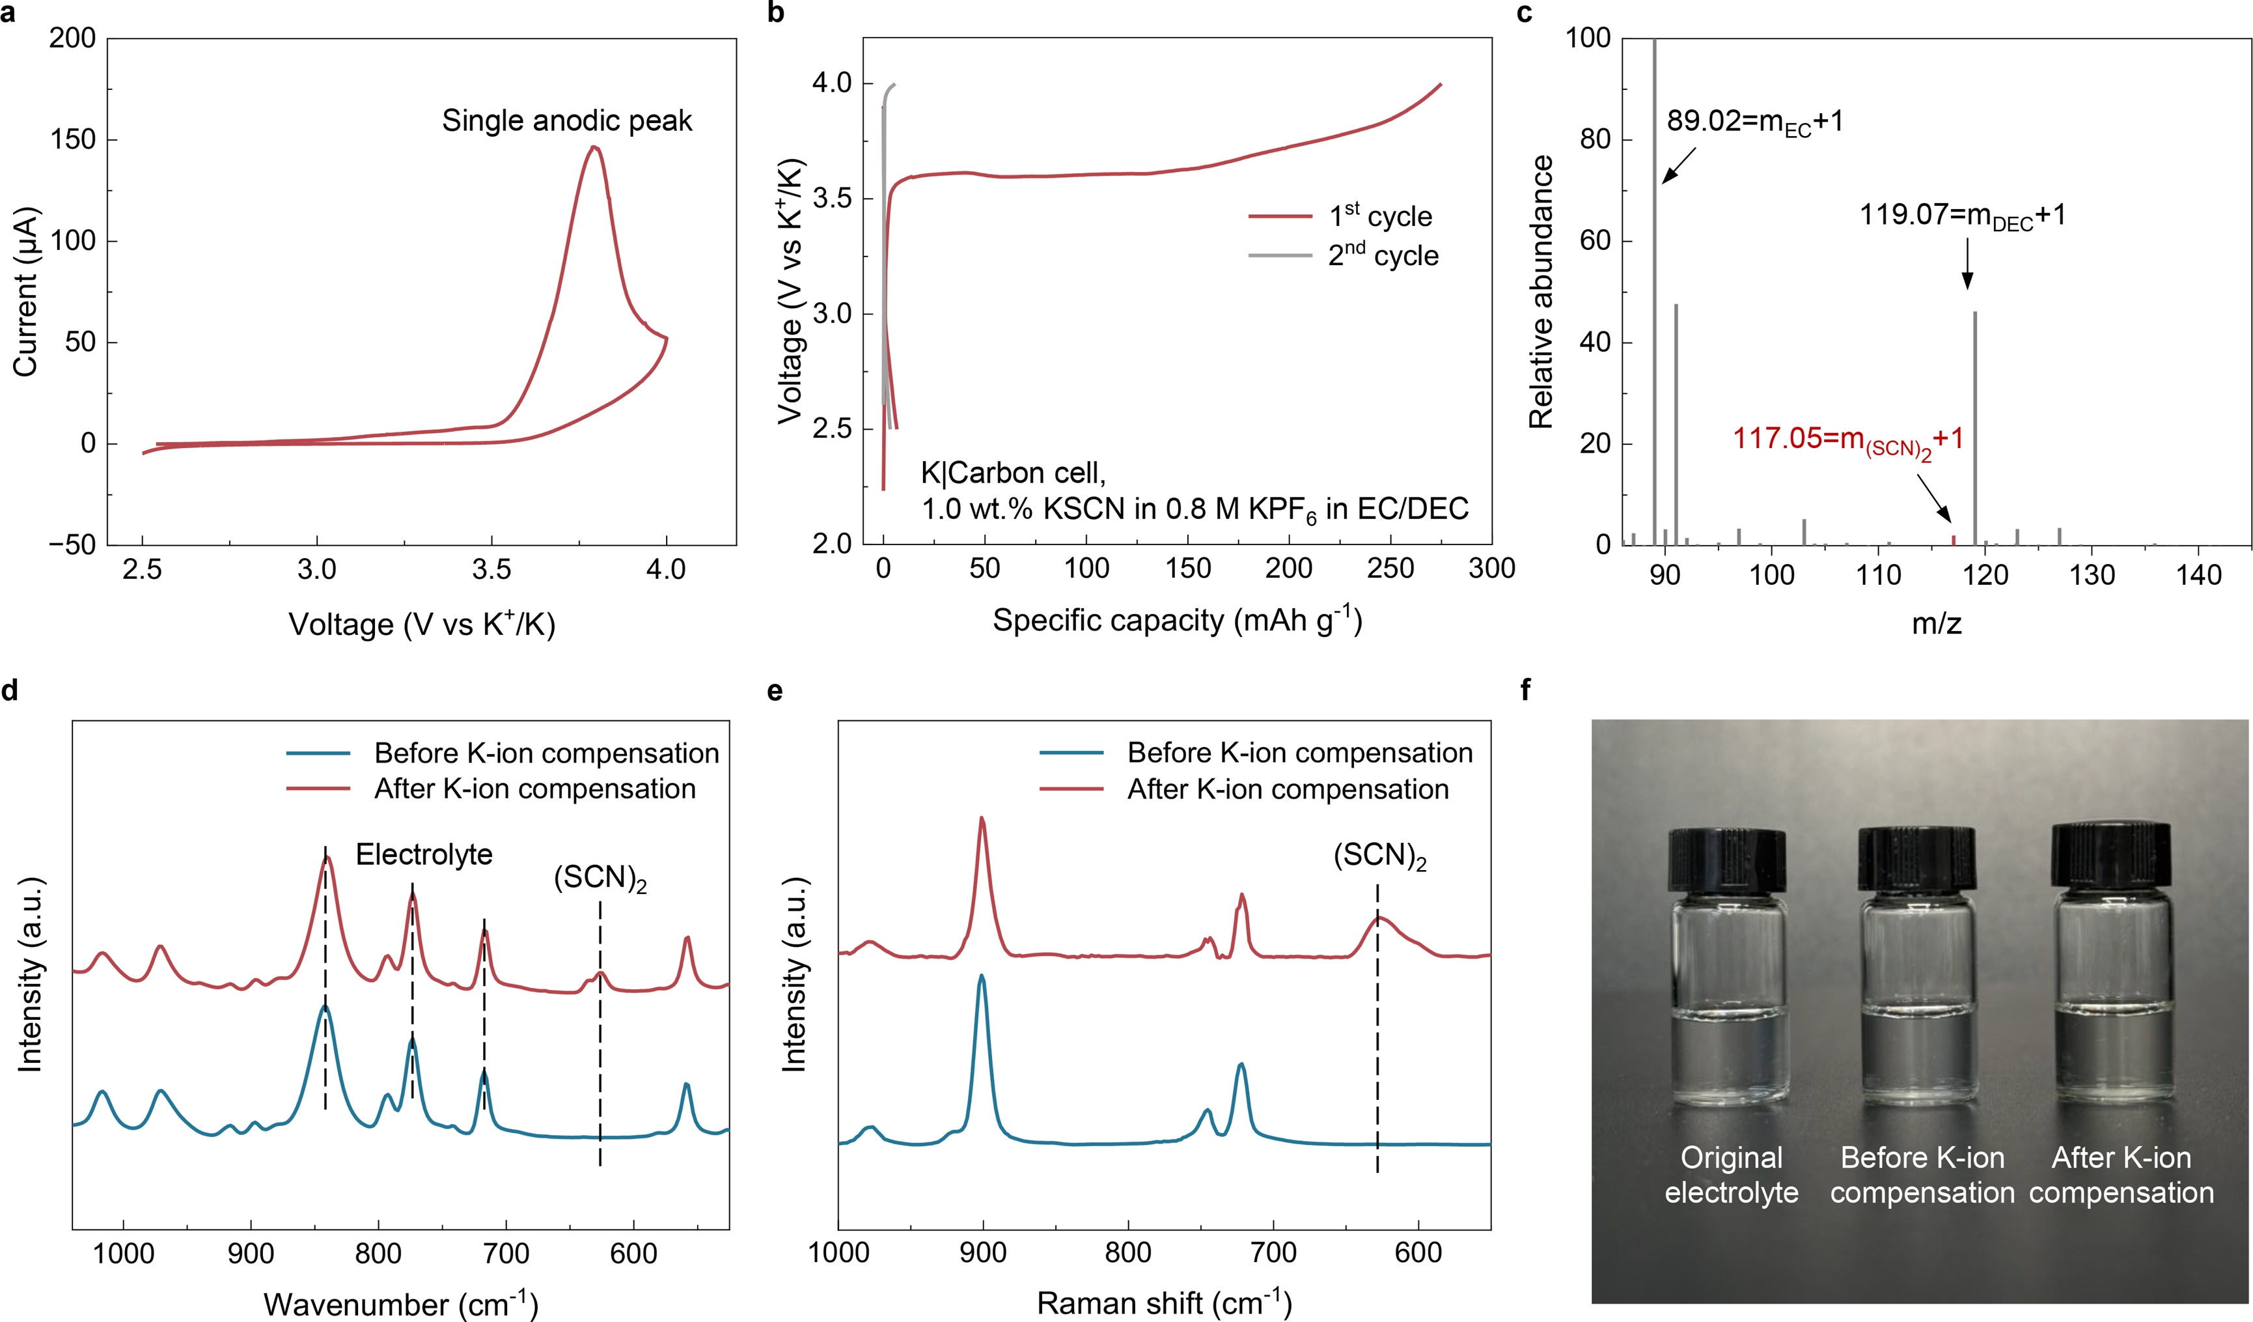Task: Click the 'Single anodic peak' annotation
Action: click(x=567, y=120)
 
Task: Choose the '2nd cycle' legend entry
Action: click(x=1383, y=256)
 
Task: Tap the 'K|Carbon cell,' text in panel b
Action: click(x=1013, y=472)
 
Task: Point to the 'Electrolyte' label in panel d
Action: click(x=424, y=854)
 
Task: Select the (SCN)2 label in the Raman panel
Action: click(x=1379, y=856)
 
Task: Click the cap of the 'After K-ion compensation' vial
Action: click(x=2111, y=856)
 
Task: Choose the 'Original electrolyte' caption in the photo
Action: click(x=1731, y=1174)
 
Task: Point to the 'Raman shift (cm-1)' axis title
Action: click(x=1164, y=1302)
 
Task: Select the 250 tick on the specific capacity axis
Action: click(x=1390, y=569)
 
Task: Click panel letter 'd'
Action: click(x=10, y=690)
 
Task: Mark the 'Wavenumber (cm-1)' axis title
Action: click(x=400, y=1303)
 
